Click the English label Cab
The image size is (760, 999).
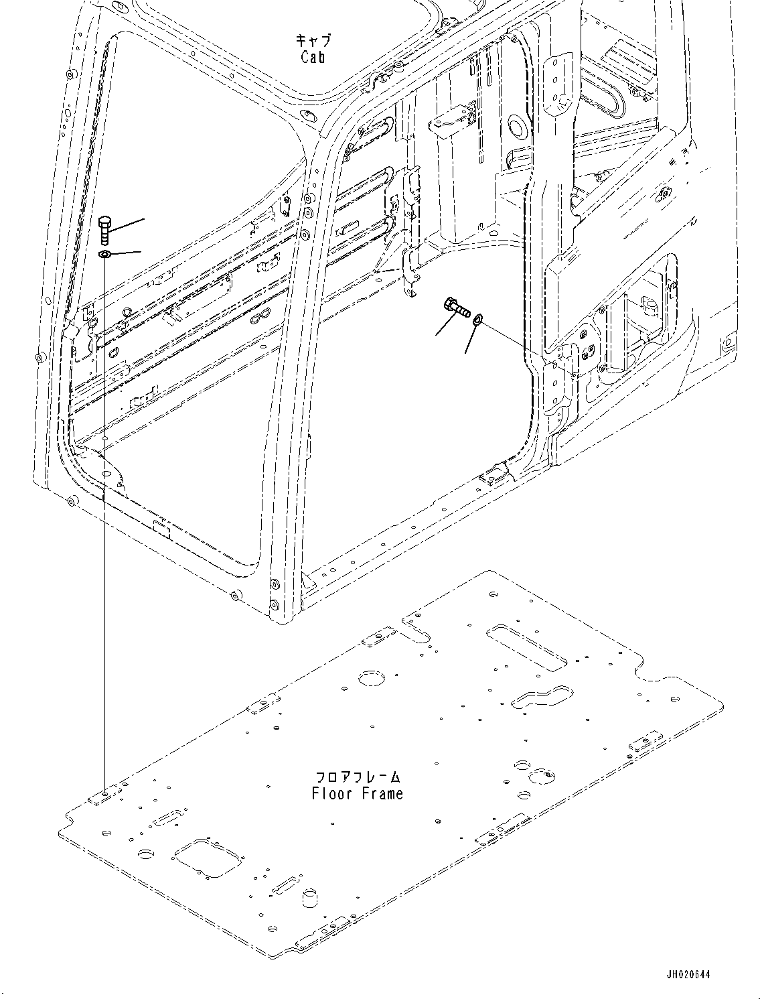[x=313, y=57]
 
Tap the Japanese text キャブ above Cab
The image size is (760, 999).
[x=313, y=40]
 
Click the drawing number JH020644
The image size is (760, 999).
[x=688, y=974]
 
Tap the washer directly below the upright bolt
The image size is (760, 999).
[x=104, y=255]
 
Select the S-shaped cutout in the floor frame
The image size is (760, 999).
[x=542, y=696]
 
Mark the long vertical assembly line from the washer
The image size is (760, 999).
[x=105, y=523]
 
